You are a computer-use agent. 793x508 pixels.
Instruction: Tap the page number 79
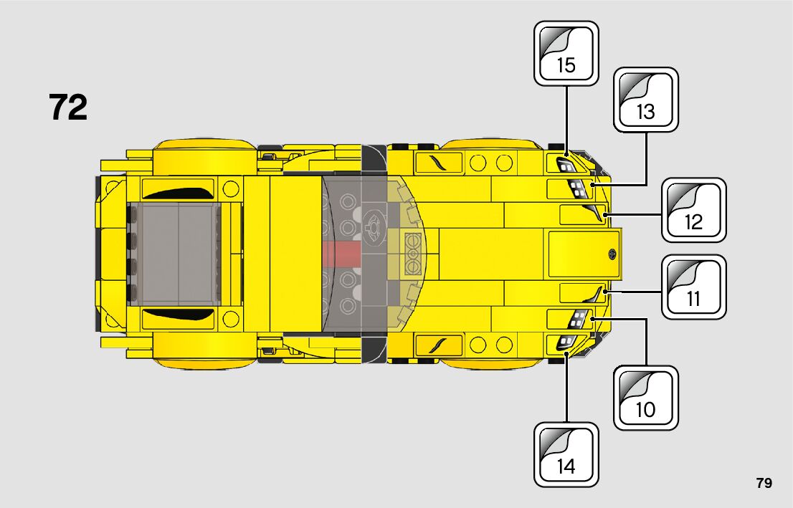[x=764, y=483]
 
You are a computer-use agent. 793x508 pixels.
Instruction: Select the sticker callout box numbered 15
[x=566, y=54]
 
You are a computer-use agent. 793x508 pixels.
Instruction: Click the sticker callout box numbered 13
[x=645, y=100]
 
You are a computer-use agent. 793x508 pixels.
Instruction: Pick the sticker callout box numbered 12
[x=693, y=211]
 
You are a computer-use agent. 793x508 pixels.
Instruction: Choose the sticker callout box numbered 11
[x=693, y=287]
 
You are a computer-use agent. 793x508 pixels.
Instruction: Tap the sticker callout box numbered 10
[x=645, y=398]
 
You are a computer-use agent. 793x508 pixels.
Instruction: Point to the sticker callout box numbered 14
[x=566, y=455]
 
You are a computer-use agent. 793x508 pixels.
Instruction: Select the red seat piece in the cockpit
[x=341, y=253]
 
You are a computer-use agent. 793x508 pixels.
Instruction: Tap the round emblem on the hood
[x=612, y=253]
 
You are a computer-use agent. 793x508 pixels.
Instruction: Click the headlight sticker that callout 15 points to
[x=566, y=165]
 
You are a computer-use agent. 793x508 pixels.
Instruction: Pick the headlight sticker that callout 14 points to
[x=566, y=342]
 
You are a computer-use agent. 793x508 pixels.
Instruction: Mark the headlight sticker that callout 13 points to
[x=577, y=189]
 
